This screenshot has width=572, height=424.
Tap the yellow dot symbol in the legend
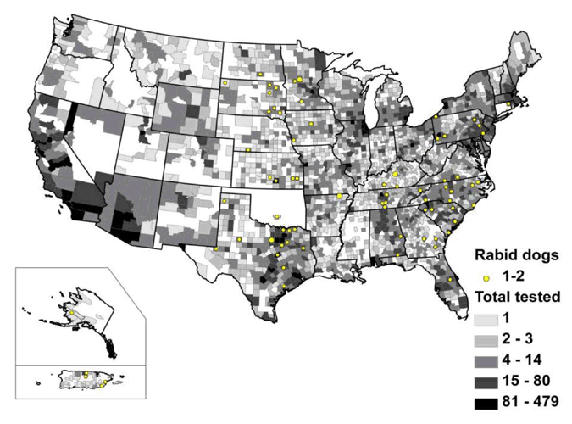pyautogui.click(x=485, y=276)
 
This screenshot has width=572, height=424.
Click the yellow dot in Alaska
pyautogui.click(x=72, y=312)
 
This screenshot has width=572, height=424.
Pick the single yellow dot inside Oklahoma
pyautogui.click(x=279, y=215)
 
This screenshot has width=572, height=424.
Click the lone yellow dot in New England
pyautogui.click(x=508, y=103)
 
